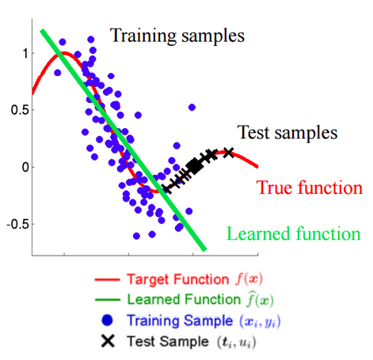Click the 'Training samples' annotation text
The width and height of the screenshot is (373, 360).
[177, 35]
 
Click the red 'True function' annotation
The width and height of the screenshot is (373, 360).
[310, 188]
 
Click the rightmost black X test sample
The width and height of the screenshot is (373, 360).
[229, 152]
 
